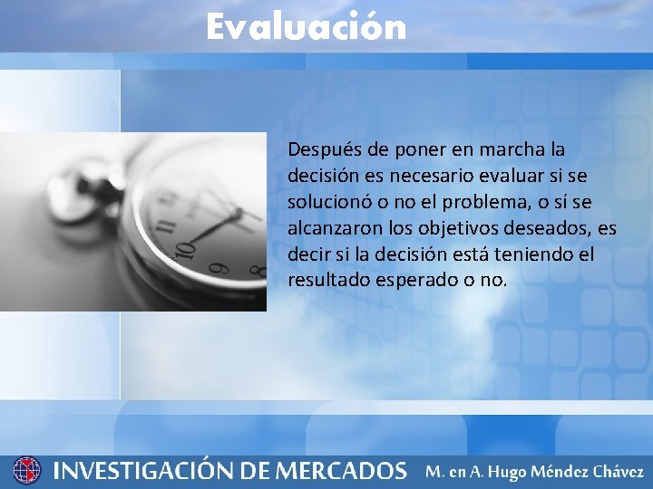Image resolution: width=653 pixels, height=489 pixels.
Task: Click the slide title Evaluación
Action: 306,26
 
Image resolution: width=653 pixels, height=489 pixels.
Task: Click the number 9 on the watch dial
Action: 215,268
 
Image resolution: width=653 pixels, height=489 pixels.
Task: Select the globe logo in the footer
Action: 27,470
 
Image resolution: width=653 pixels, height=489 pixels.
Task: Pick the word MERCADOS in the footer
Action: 340,471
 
